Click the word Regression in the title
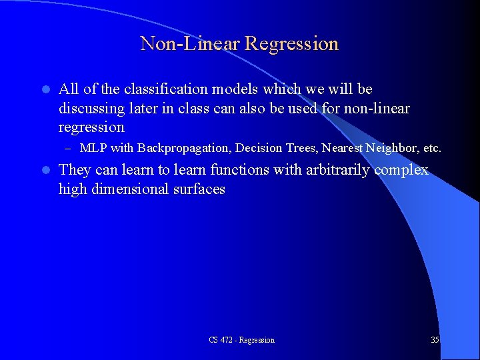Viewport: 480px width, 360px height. tap(291, 44)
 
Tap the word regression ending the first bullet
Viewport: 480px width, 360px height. tap(91, 127)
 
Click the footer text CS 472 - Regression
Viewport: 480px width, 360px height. tap(241, 340)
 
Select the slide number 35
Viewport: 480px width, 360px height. tap(435, 340)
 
